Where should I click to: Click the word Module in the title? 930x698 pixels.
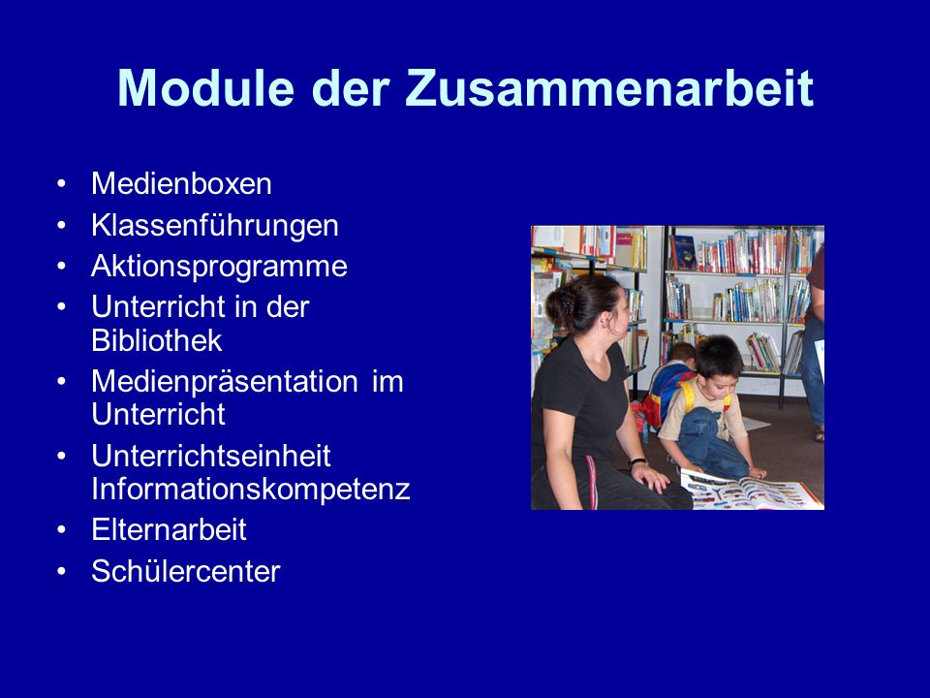(x=205, y=88)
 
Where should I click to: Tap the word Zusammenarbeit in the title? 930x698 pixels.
(x=609, y=88)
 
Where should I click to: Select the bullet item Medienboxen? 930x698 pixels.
(x=181, y=183)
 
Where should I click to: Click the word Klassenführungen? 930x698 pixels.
(x=215, y=226)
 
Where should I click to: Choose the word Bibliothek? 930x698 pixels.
(x=157, y=340)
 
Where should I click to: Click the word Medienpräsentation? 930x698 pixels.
(x=225, y=382)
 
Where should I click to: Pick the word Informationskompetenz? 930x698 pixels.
(x=251, y=490)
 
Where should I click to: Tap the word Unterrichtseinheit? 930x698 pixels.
(x=211, y=456)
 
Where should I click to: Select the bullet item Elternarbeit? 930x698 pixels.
(x=169, y=529)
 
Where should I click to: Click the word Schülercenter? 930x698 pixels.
(x=186, y=571)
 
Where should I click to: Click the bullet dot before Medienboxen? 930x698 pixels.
(x=62, y=184)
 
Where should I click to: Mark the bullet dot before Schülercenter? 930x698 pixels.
(x=62, y=572)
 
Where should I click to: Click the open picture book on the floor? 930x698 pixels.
(x=751, y=489)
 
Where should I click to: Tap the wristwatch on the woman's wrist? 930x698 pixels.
(x=637, y=461)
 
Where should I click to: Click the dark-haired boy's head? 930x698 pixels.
(x=718, y=362)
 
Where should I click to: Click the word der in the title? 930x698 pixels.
(x=350, y=88)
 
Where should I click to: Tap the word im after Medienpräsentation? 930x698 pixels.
(x=387, y=381)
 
